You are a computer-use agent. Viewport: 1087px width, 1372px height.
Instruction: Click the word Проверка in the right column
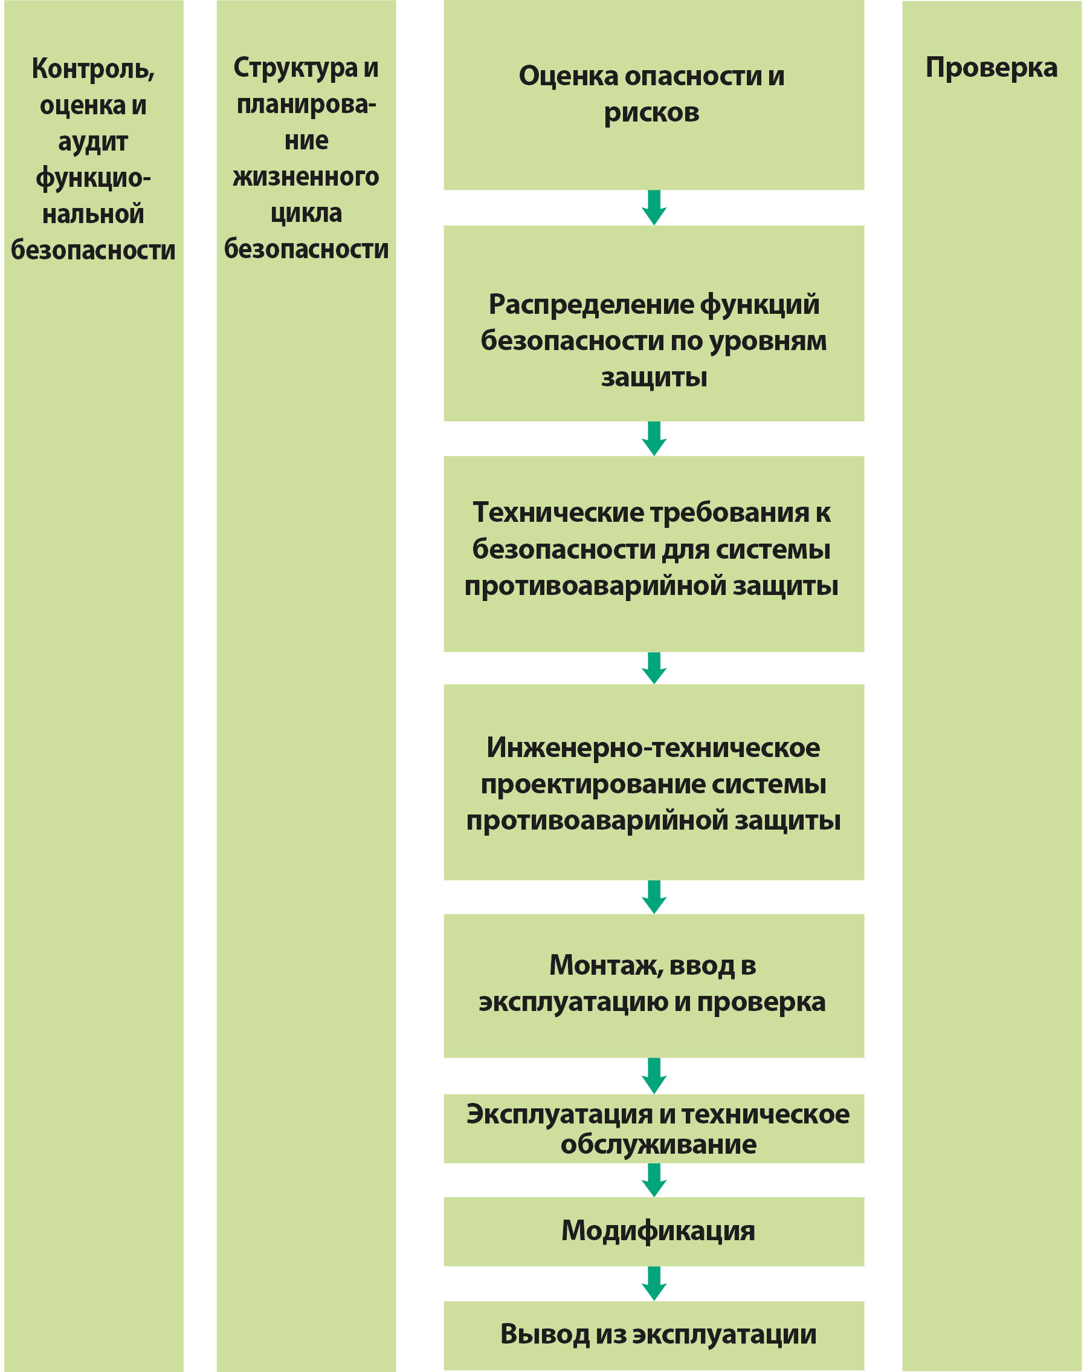click(991, 68)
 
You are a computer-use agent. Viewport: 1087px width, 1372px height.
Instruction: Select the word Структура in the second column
click(295, 68)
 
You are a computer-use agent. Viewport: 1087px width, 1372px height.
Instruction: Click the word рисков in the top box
click(651, 112)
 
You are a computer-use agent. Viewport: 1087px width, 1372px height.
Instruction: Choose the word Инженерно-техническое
click(653, 747)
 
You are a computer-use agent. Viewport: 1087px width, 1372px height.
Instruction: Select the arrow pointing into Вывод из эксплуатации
click(654, 1284)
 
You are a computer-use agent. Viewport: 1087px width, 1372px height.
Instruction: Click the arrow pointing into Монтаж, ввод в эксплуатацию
click(654, 897)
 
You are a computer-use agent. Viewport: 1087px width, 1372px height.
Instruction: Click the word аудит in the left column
click(93, 142)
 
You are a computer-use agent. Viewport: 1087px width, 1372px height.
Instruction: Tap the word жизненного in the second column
click(306, 177)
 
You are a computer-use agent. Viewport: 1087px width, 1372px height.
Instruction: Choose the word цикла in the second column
click(306, 213)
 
